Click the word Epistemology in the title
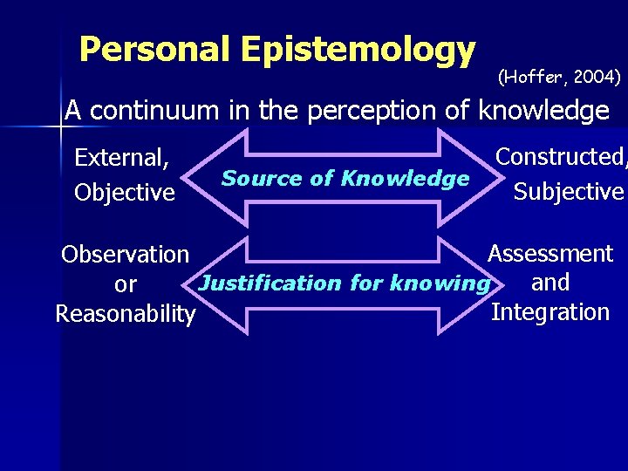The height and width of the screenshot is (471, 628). tap(358, 50)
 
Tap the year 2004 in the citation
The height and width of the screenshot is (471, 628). tap(593, 78)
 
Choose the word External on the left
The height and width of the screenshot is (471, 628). tap(121, 158)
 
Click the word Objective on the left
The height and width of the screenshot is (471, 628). tap(124, 192)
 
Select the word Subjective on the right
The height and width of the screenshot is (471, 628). tap(569, 192)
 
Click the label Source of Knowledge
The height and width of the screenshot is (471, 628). tap(345, 179)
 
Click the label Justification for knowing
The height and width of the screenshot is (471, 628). tap(344, 283)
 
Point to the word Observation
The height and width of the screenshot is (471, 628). tap(125, 255)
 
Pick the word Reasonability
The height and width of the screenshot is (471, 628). tap(125, 314)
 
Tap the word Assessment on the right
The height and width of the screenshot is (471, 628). tap(550, 254)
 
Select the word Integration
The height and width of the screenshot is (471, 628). tap(550, 312)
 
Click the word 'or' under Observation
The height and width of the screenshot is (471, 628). tap(126, 285)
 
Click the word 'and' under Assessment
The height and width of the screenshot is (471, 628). tap(550, 283)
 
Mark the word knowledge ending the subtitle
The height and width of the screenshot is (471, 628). tap(543, 111)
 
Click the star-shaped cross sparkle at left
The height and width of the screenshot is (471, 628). tap(60, 127)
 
